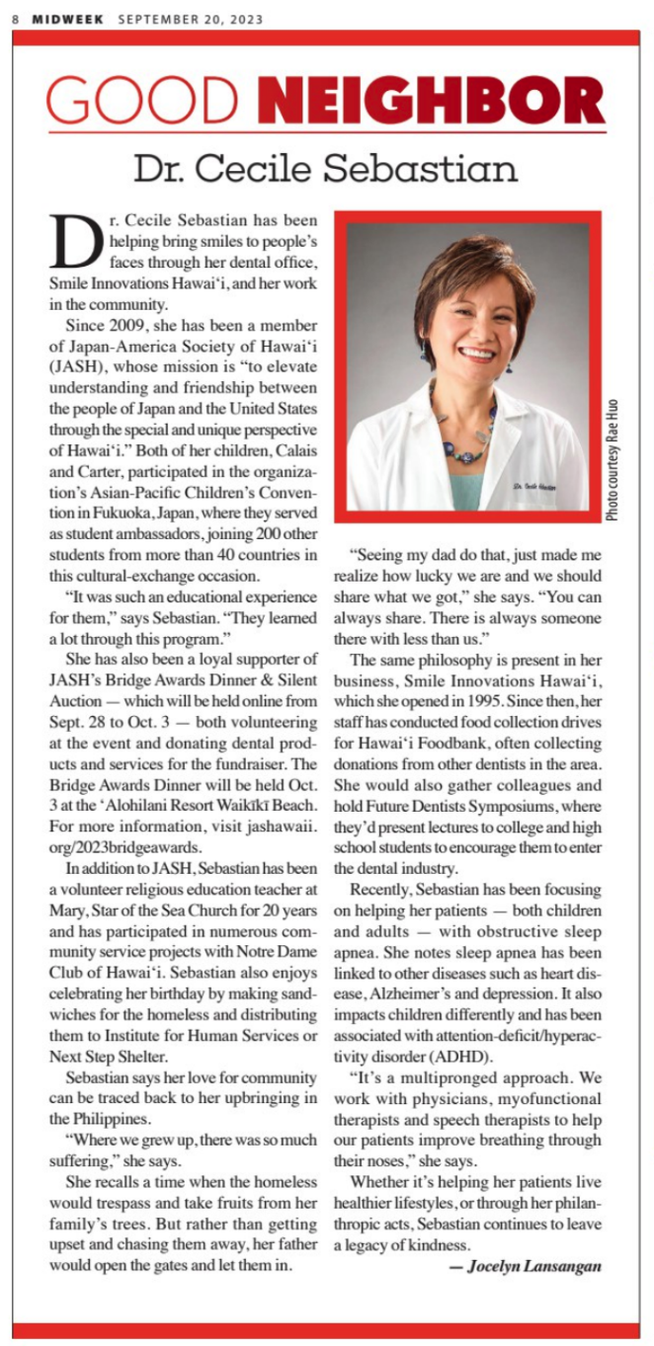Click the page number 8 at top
pos(16,18)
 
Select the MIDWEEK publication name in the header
pos(67,18)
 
